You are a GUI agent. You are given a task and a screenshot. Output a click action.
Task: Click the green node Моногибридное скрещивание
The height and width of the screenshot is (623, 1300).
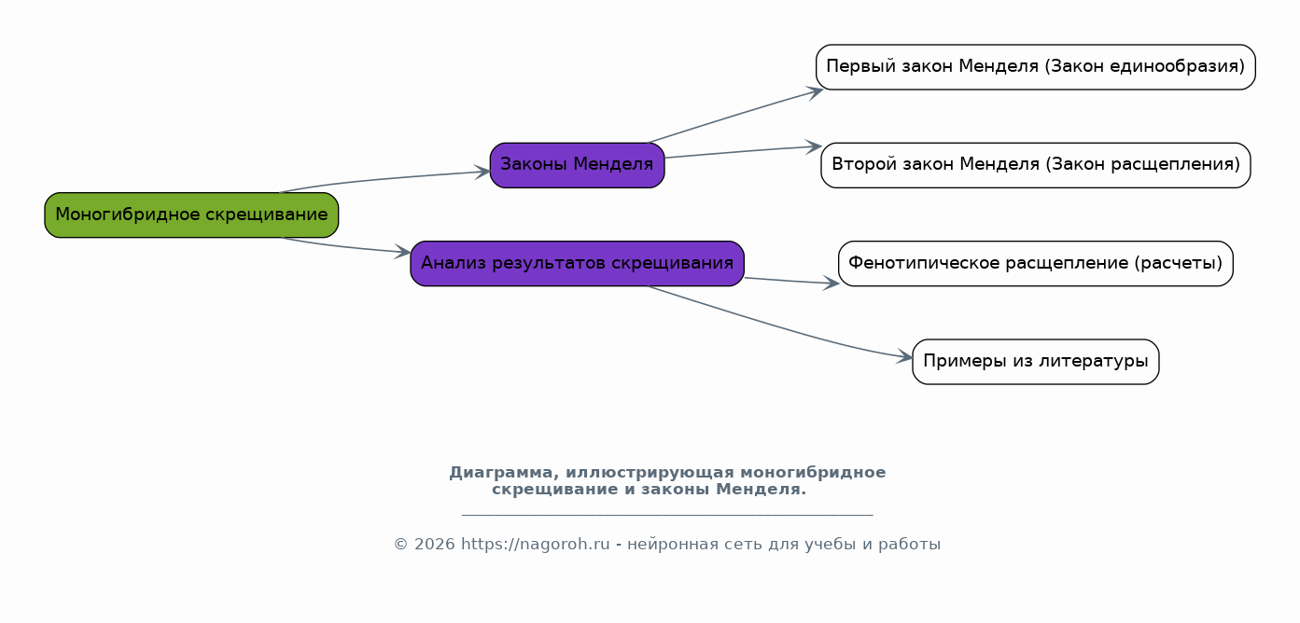(x=191, y=215)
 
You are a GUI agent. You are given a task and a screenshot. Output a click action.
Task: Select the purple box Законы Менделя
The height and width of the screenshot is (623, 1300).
(x=577, y=165)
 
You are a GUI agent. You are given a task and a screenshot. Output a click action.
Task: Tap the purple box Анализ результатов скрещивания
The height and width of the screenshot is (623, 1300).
(x=577, y=263)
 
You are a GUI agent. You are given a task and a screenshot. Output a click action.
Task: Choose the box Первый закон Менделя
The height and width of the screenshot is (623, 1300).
(x=1035, y=67)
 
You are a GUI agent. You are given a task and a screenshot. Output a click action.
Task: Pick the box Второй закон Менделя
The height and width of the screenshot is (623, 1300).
(x=1035, y=165)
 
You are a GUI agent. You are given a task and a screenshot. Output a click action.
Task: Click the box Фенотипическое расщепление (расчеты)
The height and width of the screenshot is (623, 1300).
(x=1035, y=263)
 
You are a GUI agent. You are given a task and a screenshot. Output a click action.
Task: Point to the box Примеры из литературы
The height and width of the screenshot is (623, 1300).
(x=1035, y=362)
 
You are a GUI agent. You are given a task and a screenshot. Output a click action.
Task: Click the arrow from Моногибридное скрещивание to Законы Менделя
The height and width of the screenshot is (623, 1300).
(x=383, y=179)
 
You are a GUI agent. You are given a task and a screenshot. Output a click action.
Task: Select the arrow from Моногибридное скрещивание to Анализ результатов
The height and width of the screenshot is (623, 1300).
(x=345, y=246)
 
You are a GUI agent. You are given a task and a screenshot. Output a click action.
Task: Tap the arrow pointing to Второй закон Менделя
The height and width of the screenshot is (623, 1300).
(x=743, y=151)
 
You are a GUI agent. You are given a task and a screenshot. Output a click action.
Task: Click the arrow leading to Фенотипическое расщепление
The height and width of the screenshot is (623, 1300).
(x=791, y=281)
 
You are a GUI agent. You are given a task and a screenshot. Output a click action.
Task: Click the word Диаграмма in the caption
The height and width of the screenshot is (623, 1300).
(x=504, y=473)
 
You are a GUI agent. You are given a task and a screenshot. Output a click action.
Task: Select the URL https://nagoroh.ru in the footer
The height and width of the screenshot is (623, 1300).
(x=535, y=545)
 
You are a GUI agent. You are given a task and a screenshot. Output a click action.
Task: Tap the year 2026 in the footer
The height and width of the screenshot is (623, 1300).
(x=434, y=545)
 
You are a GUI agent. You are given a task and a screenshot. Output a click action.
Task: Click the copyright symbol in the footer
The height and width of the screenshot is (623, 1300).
(x=401, y=545)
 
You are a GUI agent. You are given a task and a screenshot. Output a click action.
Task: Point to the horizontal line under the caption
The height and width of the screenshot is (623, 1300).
(x=667, y=515)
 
